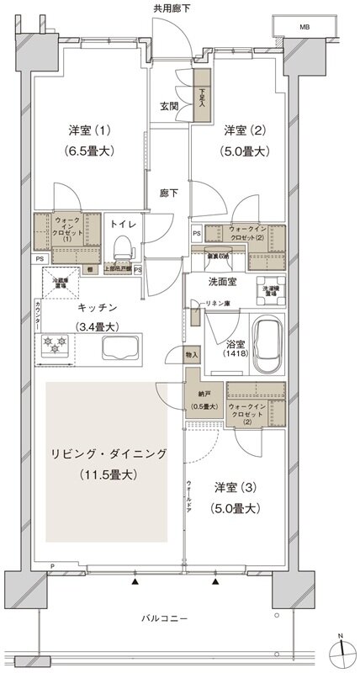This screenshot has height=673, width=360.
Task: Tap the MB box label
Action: coord(303,27)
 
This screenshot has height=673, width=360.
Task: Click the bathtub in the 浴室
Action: coord(271,341)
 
